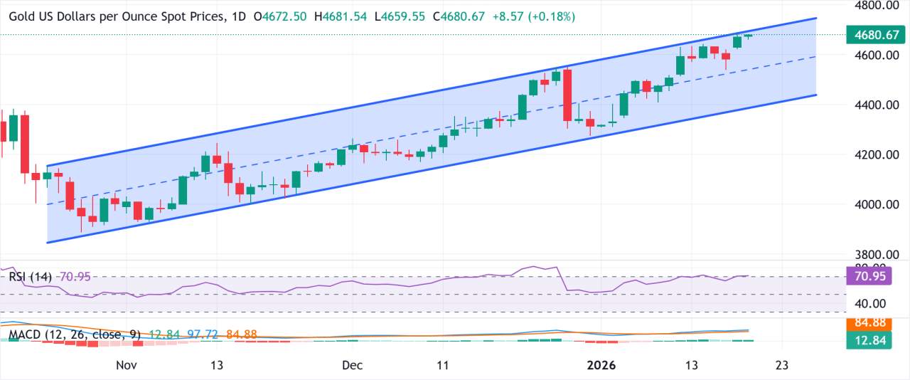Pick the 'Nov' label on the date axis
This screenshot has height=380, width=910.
click(126, 365)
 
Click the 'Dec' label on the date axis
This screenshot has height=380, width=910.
click(352, 365)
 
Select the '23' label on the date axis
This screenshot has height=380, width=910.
click(781, 365)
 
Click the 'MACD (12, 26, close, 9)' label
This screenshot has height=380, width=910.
click(75, 333)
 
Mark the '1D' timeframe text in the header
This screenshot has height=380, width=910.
click(239, 16)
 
